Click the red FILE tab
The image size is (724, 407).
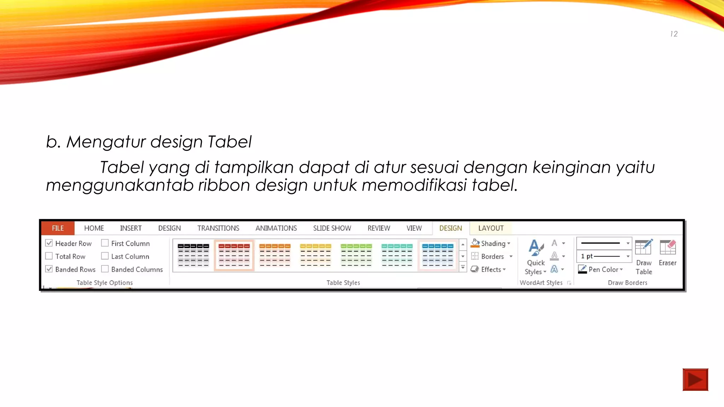click(x=58, y=228)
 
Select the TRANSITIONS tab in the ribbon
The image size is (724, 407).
click(x=218, y=228)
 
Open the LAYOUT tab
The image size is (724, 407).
click(x=491, y=228)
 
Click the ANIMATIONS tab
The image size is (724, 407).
click(x=276, y=228)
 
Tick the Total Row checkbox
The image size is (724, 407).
click(x=49, y=256)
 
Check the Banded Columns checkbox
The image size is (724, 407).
click(x=105, y=269)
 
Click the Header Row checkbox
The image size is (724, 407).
click(x=49, y=243)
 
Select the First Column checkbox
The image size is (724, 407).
click(x=105, y=243)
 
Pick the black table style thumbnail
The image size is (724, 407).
click(x=193, y=255)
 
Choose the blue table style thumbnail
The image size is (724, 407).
click(x=438, y=255)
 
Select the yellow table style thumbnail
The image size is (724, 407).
click(x=315, y=255)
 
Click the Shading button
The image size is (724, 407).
click(x=491, y=243)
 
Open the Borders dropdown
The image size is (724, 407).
click(x=510, y=256)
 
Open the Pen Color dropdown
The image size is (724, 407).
click(x=621, y=270)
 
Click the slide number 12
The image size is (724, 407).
click(x=674, y=34)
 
